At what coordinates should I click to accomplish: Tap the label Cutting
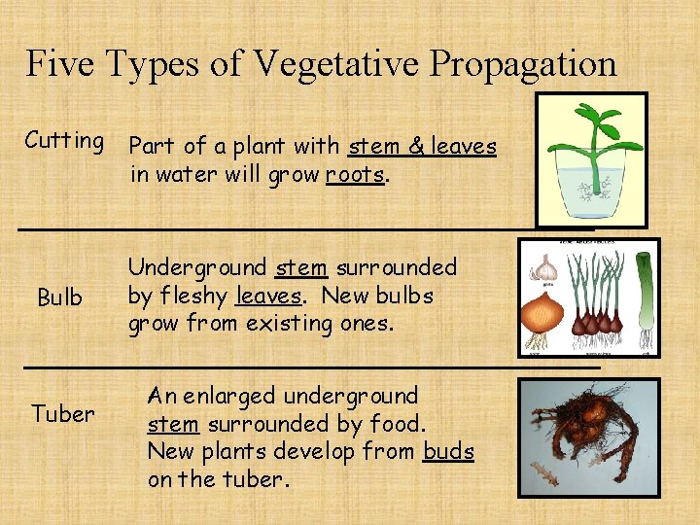click(64, 141)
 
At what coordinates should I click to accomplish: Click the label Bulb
click(60, 297)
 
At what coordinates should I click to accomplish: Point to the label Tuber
click(63, 414)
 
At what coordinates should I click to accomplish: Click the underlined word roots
click(356, 176)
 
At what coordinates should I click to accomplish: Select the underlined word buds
click(448, 452)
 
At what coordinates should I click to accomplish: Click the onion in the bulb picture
click(542, 314)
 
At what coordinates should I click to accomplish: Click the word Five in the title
click(61, 64)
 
